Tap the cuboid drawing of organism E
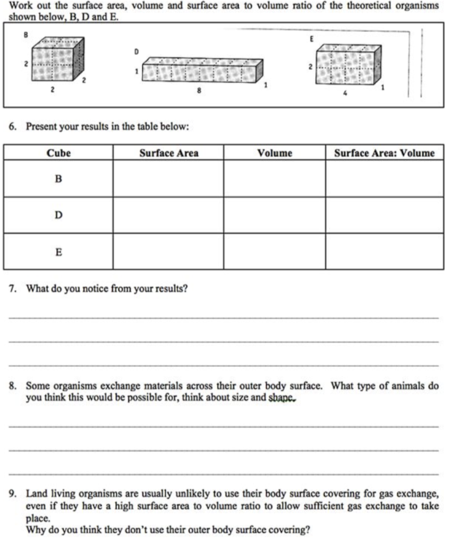[x=348, y=65]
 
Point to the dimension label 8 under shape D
[x=199, y=91]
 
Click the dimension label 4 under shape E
[x=346, y=95]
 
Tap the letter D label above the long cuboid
[x=136, y=52]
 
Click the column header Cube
[x=58, y=154]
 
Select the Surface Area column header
[x=168, y=154]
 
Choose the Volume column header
[x=274, y=154]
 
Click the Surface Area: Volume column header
[x=384, y=154]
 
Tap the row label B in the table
[x=58, y=179]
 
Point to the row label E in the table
[x=58, y=252]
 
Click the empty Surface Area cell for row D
[x=168, y=215]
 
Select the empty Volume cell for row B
[x=274, y=179]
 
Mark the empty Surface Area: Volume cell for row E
[x=384, y=252]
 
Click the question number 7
[x=13, y=289]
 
